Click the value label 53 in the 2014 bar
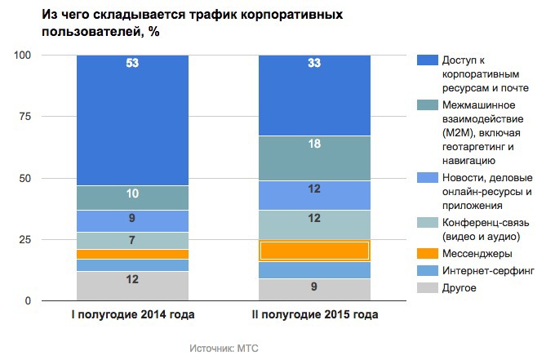[x=132, y=63]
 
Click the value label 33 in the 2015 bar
[x=314, y=63]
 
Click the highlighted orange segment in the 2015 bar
[x=314, y=251]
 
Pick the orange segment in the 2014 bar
[x=132, y=254]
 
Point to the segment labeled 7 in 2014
[x=132, y=240]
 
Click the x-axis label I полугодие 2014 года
[x=132, y=314]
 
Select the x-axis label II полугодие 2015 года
[x=314, y=314]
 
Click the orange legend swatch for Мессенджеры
[x=426, y=255]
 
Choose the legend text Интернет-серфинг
[x=487, y=271]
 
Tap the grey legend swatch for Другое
[x=426, y=288]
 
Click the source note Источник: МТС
[x=223, y=347]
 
